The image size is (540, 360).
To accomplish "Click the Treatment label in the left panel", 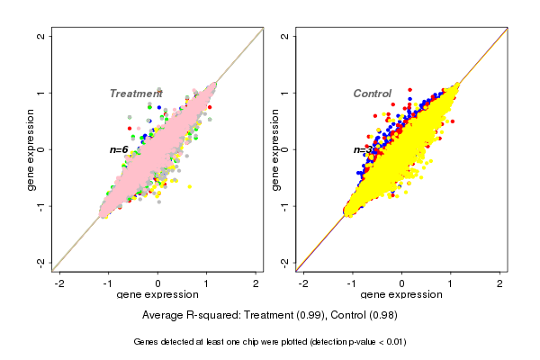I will [136, 94].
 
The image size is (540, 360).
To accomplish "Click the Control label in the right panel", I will [372, 94].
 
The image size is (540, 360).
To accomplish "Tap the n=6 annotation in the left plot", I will [119, 149].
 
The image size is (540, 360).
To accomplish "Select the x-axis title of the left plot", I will [157, 295].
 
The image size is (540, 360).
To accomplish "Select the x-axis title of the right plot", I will [401, 295].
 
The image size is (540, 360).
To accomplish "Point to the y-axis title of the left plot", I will [32, 148].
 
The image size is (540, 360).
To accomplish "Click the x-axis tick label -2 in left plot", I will [60, 283].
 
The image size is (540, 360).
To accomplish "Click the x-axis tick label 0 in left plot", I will [158, 283].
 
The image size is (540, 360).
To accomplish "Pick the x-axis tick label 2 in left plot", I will [256, 283].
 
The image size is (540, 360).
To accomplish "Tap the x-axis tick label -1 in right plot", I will [353, 283].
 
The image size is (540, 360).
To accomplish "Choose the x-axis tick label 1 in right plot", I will [451, 283].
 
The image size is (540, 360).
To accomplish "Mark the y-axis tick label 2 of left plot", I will [43, 36].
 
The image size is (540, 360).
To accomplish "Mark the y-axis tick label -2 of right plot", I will [287, 262].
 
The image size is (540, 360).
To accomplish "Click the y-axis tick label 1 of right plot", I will [287, 93].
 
